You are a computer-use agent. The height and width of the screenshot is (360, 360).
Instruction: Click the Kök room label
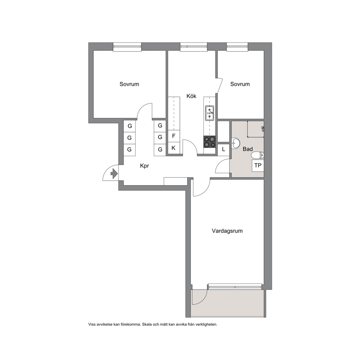point(191,96)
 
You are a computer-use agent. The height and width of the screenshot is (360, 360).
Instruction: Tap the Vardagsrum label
point(227,231)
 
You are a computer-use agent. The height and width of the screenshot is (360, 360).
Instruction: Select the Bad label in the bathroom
point(247,149)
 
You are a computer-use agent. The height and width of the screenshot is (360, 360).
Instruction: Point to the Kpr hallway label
point(145,166)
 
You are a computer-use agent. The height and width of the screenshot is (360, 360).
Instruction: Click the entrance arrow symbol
point(114,173)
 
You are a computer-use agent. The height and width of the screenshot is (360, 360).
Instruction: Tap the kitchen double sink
point(209,113)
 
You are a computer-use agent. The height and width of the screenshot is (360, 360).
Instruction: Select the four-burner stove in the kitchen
point(209,142)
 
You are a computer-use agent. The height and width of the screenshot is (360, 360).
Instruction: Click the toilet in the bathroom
point(257,155)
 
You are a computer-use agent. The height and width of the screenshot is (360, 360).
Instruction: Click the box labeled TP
point(258,165)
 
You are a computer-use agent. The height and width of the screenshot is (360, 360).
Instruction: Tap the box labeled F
point(173,136)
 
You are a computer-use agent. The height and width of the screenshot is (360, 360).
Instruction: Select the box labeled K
point(173,148)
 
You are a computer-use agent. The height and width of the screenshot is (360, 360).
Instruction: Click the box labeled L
point(224,150)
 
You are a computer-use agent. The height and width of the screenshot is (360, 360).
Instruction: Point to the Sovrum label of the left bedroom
point(129,84)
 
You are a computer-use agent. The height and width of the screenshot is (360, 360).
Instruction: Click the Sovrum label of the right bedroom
point(240,84)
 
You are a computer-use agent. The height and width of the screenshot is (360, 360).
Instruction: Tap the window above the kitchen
point(194,46)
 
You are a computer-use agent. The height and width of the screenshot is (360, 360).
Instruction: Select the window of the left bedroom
point(127,46)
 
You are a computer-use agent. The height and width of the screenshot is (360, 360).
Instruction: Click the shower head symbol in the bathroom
point(263,129)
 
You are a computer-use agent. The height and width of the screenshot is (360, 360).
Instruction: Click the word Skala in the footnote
point(147,324)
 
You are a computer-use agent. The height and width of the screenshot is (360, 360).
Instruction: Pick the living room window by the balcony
point(235,287)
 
